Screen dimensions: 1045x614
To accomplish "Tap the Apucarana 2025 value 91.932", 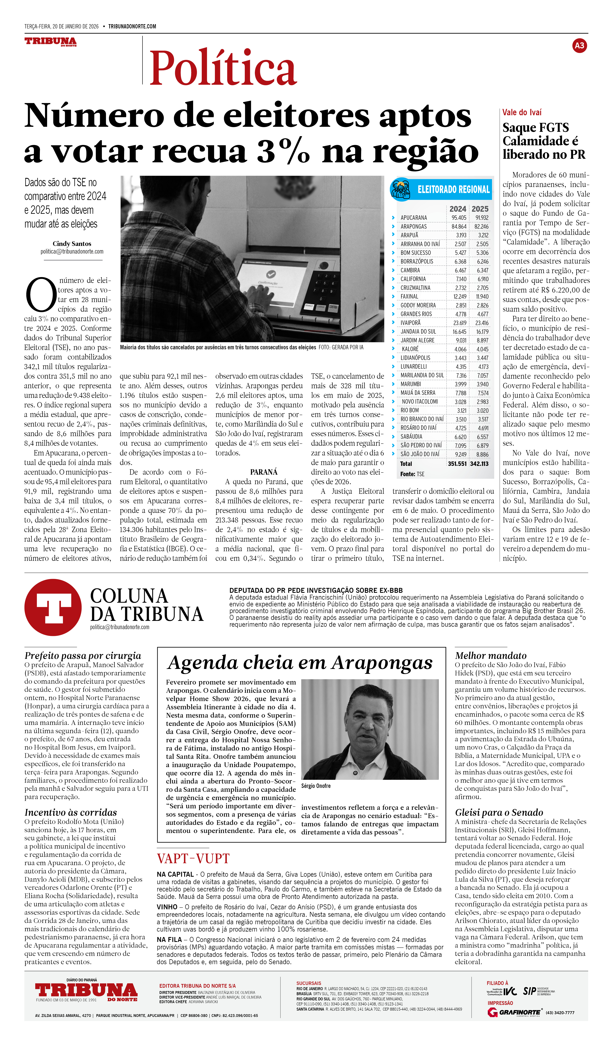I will pos(482,218).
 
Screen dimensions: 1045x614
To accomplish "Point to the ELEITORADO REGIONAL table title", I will pos(454,190).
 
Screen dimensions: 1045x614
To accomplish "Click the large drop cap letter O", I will pos(41,295).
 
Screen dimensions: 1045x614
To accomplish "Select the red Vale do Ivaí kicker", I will pos(521,112).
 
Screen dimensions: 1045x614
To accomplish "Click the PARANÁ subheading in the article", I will pos(263,472).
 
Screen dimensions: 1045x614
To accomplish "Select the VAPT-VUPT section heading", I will pos(193,858).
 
